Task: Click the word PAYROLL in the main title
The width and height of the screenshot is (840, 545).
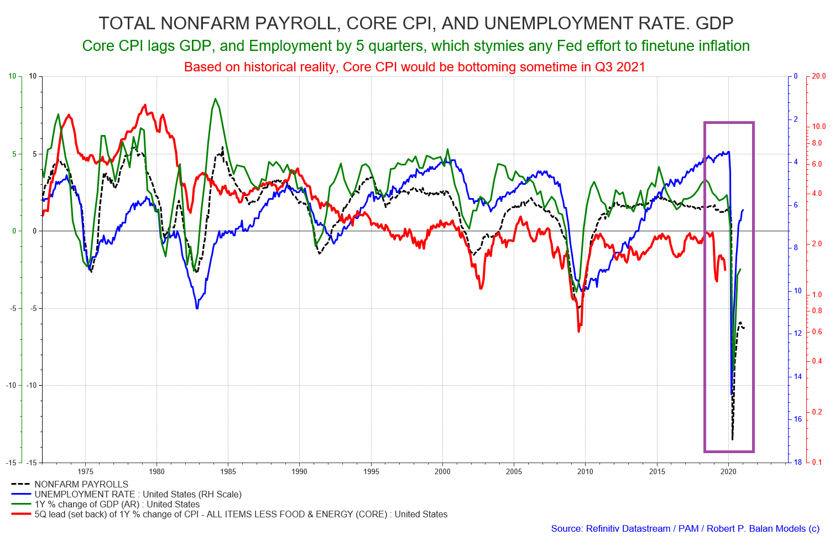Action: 294,23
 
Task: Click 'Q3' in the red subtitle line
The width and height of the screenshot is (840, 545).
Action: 604,67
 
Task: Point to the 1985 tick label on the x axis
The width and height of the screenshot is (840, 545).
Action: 228,471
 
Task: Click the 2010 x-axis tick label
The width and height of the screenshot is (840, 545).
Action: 585,471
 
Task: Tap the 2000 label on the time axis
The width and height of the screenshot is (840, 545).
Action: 442,471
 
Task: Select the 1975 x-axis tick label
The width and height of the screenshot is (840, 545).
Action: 85,471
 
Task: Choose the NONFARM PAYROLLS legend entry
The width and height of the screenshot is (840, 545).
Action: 70,485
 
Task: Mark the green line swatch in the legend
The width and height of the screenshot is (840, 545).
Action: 21,504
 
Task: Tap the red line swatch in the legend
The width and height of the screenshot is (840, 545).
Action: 21,514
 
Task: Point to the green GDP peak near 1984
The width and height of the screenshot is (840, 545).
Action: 215,99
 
